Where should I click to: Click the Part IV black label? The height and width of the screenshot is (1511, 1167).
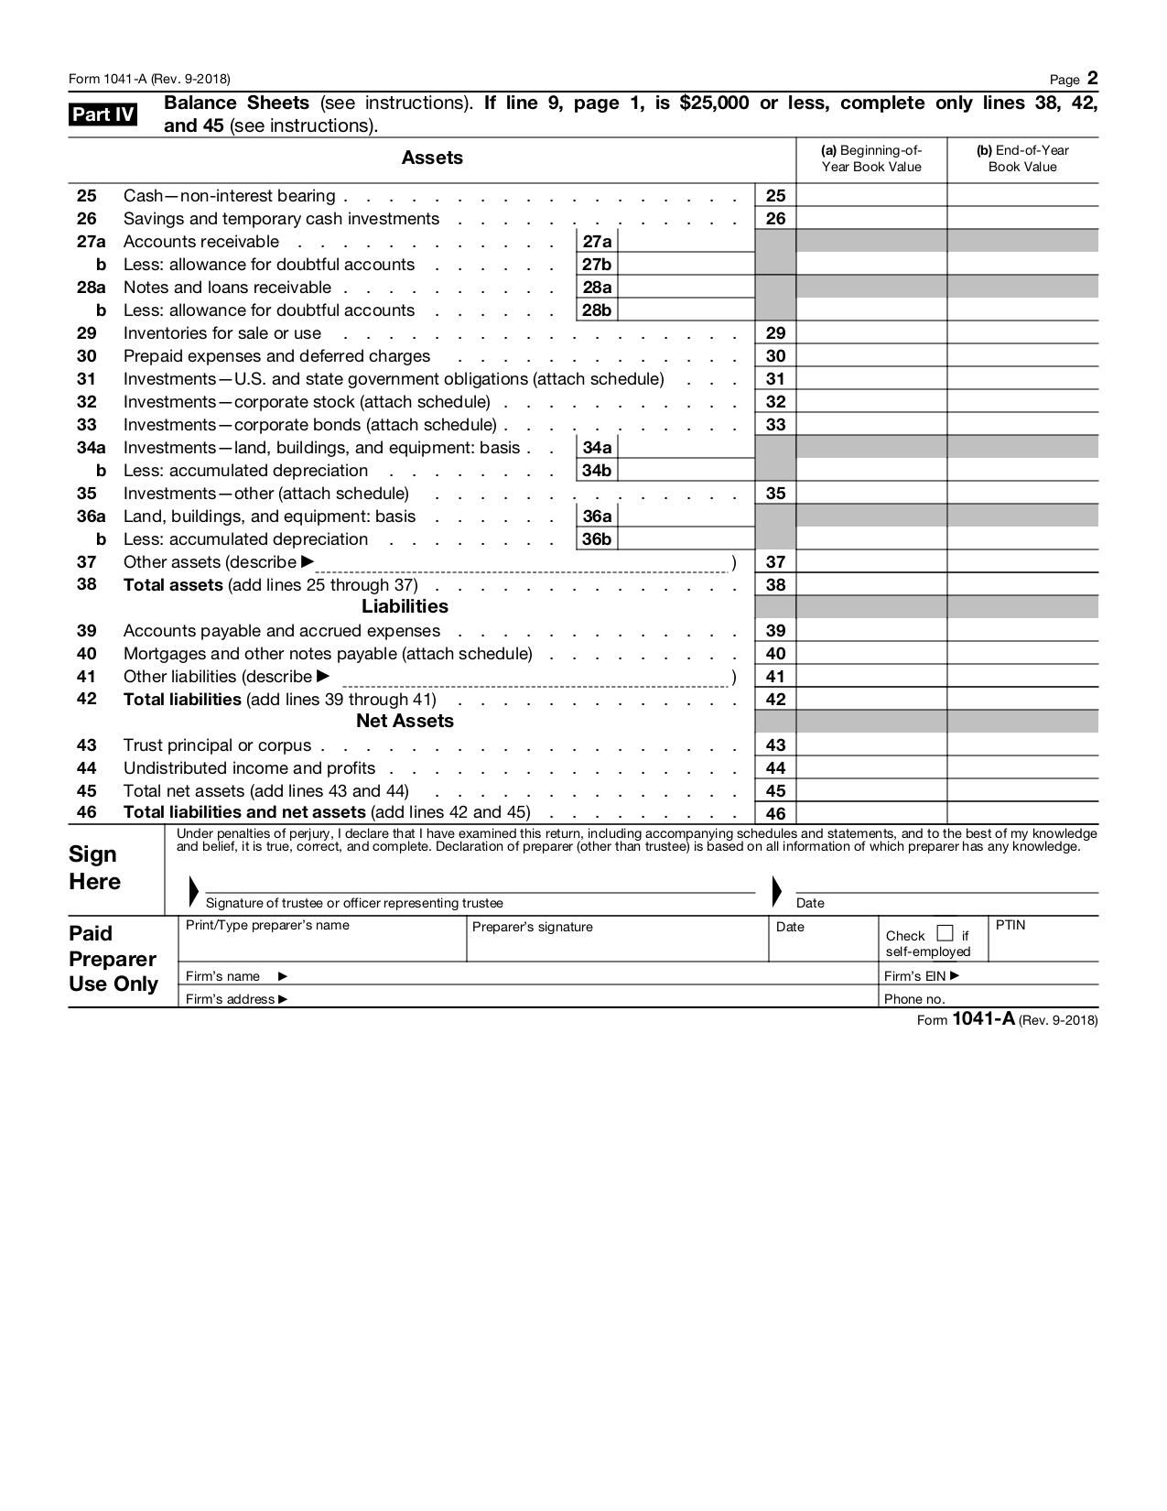click(103, 114)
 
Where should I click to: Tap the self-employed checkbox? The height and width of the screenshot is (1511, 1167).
click(945, 934)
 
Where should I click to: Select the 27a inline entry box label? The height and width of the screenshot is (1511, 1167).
click(597, 242)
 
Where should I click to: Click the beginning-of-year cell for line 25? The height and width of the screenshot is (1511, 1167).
click(870, 195)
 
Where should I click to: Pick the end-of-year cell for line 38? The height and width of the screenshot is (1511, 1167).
click(1022, 584)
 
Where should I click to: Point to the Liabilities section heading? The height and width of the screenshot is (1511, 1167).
click(405, 606)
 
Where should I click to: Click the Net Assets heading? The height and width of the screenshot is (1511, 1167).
click(405, 721)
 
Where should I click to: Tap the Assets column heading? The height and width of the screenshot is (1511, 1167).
click(432, 158)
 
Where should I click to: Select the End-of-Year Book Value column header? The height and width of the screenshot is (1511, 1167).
click(1022, 158)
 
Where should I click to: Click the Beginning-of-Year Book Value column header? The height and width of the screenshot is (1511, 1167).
click(870, 158)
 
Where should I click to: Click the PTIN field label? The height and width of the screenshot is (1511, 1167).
click(1010, 925)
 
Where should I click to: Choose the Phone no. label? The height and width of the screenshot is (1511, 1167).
click(913, 999)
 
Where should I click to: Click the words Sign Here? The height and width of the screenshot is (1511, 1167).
click(94, 867)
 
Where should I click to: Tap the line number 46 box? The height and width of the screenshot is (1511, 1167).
click(775, 813)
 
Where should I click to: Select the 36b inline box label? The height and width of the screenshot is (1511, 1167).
click(597, 539)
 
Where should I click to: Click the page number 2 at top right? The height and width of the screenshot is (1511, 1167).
click(1092, 79)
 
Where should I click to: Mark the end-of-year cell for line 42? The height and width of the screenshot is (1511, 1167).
click(1022, 699)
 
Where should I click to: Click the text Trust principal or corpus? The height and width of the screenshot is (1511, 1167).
click(217, 745)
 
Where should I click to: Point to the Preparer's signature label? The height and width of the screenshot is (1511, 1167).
click(532, 927)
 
